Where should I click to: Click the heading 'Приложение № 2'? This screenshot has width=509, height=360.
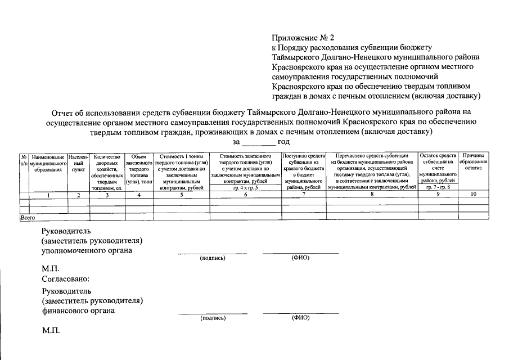pyautogui.click(x=303, y=38)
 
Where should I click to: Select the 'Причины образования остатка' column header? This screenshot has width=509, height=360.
pyautogui.click(x=473, y=161)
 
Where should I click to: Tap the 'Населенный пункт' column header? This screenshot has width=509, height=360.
pyautogui.click(x=78, y=162)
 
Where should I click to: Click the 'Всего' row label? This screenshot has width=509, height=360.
pyautogui.click(x=28, y=216)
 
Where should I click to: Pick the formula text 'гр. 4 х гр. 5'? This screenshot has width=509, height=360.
pyautogui.click(x=245, y=188)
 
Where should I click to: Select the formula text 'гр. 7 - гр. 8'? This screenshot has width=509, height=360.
pyautogui.click(x=438, y=188)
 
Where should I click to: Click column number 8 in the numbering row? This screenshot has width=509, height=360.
pyautogui.click(x=372, y=195)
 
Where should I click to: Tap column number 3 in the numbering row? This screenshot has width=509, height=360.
pyautogui.click(x=107, y=195)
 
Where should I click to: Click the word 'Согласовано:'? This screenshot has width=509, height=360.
pyautogui.click(x=65, y=278)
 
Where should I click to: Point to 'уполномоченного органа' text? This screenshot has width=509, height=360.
pyautogui.click(x=87, y=250)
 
